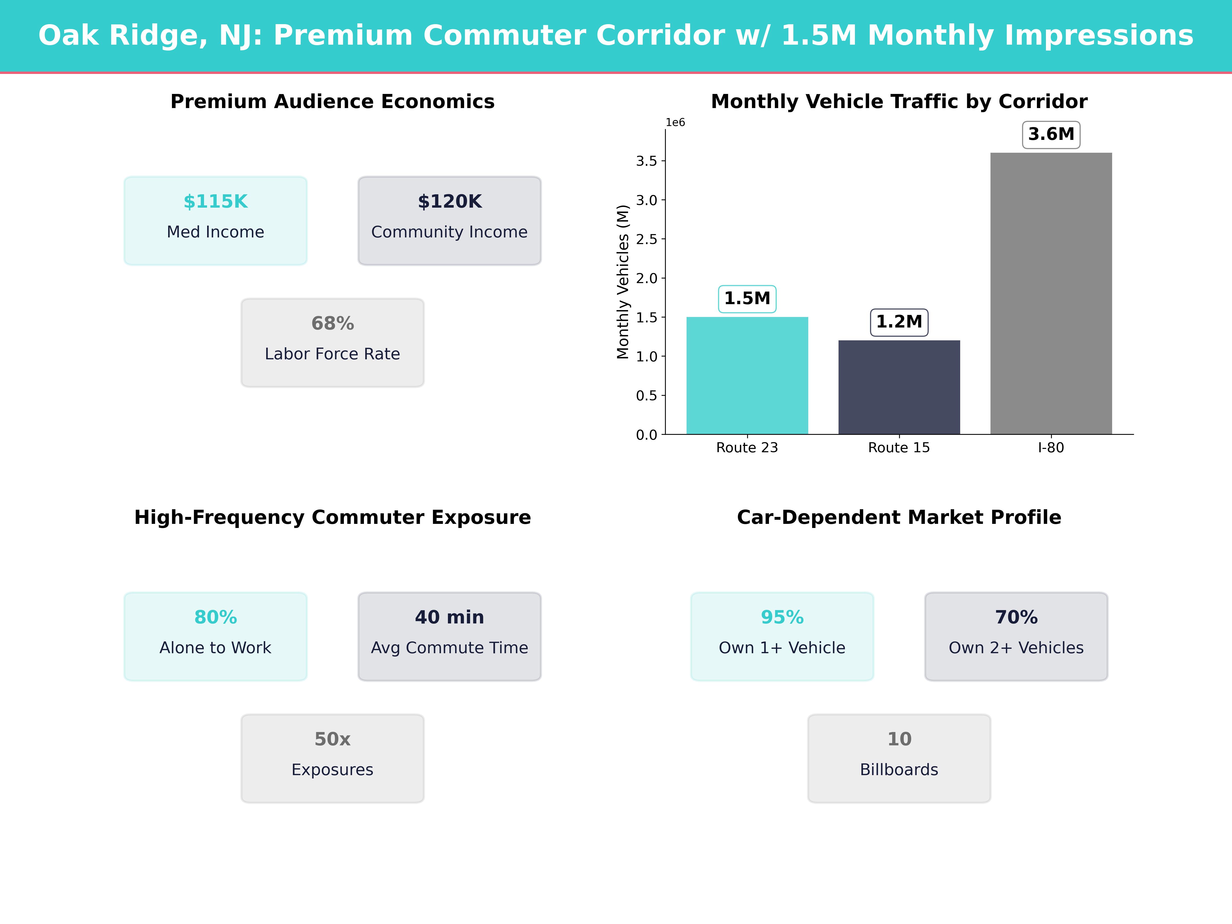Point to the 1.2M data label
click(x=899, y=322)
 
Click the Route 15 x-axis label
click(x=899, y=448)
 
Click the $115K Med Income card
click(x=216, y=220)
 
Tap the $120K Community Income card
click(x=449, y=220)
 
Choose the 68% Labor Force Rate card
click(x=332, y=343)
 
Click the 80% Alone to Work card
click(x=216, y=636)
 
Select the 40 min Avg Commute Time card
click(x=449, y=636)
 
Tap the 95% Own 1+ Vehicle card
click(x=782, y=636)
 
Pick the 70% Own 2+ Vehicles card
click(x=1016, y=636)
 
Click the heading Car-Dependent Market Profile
click(x=899, y=517)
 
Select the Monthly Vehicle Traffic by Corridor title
click(x=899, y=102)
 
